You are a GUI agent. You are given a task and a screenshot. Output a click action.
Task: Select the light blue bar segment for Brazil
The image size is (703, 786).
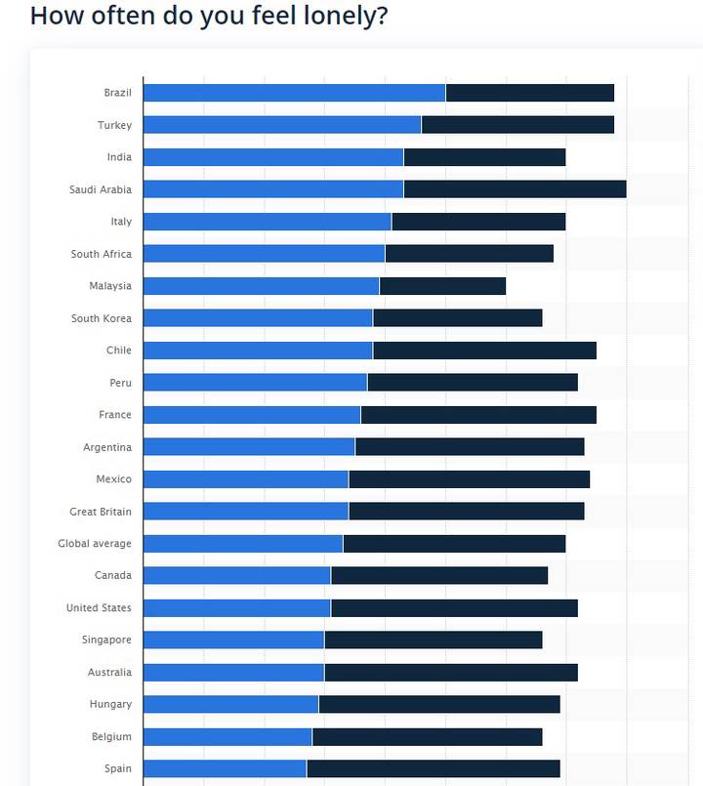(294, 93)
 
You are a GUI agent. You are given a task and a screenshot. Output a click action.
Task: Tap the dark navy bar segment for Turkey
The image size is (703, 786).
(517, 125)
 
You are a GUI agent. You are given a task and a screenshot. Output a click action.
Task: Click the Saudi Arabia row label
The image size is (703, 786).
(100, 189)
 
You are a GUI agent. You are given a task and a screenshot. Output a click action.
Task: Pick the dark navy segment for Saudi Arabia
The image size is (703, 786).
(515, 189)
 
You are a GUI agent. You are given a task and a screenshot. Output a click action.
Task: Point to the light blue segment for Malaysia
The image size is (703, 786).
(261, 286)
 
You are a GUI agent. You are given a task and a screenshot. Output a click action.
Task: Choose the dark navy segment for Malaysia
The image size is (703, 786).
(442, 286)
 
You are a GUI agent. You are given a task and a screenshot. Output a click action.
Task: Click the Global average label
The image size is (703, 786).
(94, 544)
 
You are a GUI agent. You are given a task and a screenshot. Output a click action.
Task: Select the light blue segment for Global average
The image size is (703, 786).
(243, 544)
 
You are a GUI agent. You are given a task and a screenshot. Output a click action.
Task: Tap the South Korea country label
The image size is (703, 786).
(101, 318)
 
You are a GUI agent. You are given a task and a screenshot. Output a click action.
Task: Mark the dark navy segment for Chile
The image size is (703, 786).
(484, 351)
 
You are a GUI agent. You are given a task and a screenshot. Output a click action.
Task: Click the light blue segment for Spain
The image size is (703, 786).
(225, 768)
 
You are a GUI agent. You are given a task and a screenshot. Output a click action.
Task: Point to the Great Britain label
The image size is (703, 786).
(100, 512)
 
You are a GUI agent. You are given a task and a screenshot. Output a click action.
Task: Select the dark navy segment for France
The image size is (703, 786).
(478, 415)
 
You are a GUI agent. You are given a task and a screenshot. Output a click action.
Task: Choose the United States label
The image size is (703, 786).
(98, 608)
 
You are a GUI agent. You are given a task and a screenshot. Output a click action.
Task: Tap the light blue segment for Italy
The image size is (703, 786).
(267, 222)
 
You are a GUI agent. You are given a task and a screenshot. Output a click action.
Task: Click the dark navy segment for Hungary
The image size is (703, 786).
(439, 704)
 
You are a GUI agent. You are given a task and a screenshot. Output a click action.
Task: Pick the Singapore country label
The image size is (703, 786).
(106, 641)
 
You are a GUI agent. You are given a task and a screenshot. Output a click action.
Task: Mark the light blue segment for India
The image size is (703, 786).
(273, 157)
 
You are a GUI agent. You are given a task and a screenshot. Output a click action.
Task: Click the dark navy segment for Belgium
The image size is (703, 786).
(427, 736)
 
